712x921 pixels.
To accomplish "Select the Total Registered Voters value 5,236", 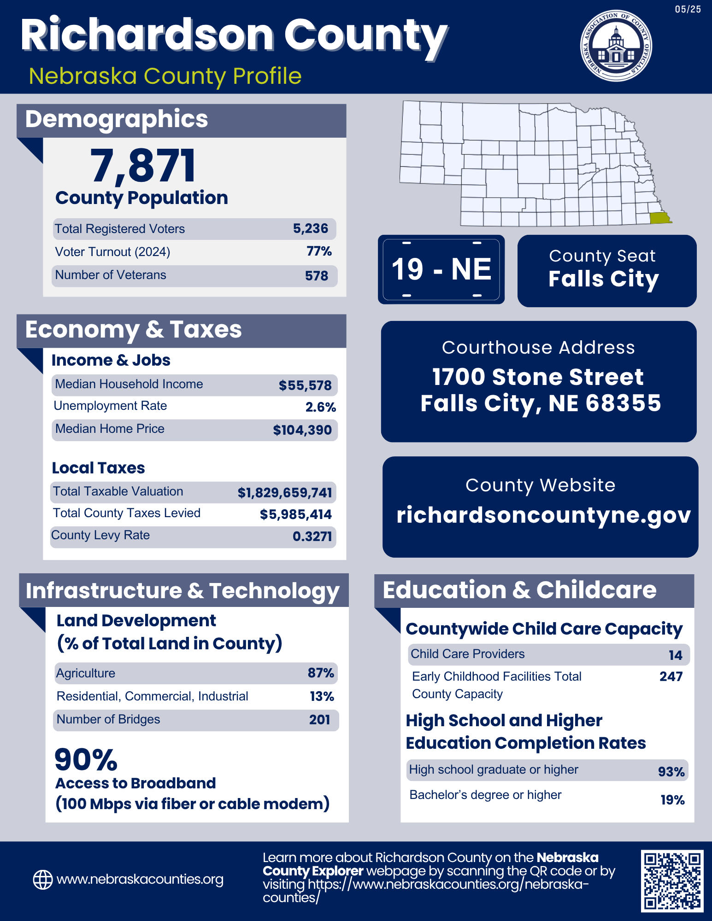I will click(311, 228).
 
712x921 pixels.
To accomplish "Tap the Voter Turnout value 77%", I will click(319, 251).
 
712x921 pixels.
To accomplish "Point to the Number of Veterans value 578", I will click(317, 276).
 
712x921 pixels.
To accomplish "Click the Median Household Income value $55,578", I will click(305, 385).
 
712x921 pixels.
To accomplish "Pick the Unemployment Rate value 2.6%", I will click(320, 407).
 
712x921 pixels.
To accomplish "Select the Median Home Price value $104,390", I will click(302, 430).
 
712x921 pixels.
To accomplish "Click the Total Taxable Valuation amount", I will click(285, 493).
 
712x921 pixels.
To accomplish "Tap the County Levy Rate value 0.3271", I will click(312, 536).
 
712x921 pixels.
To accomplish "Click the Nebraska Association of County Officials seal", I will click(616, 46).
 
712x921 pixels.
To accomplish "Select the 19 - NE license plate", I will click(441, 269).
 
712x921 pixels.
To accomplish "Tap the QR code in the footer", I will click(672, 880).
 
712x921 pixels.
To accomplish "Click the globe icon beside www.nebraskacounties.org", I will click(42, 880).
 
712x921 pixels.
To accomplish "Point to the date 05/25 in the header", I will click(688, 9).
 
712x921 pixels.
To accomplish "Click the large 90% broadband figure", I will click(86, 759).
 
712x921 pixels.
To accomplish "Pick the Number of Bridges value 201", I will click(319, 720).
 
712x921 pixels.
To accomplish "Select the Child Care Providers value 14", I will click(675, 655).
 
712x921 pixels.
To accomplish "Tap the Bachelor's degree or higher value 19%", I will click(672, 800).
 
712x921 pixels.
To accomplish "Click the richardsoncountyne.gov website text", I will click(543, 515).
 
